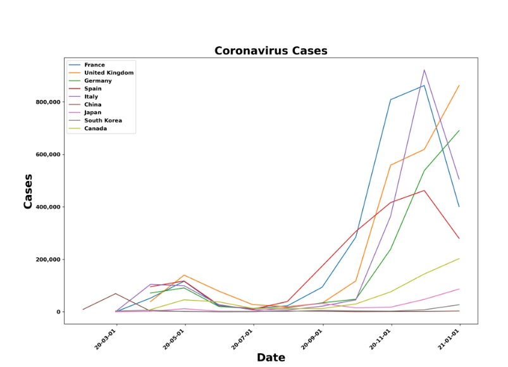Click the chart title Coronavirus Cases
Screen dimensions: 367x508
[271, 51]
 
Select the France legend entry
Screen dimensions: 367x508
[94, 65]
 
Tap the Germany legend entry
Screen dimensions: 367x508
[98, 81]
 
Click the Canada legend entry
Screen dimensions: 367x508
[96, 128]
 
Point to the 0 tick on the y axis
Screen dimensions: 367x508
[58, 312]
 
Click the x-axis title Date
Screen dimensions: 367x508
[271, 358]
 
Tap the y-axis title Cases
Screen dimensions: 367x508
[28, 192]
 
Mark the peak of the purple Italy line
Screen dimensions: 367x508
[424, 70]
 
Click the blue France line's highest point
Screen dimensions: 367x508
[424, 85]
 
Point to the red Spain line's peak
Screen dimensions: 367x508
[424, 190]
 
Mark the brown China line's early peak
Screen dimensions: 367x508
[115, 294]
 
